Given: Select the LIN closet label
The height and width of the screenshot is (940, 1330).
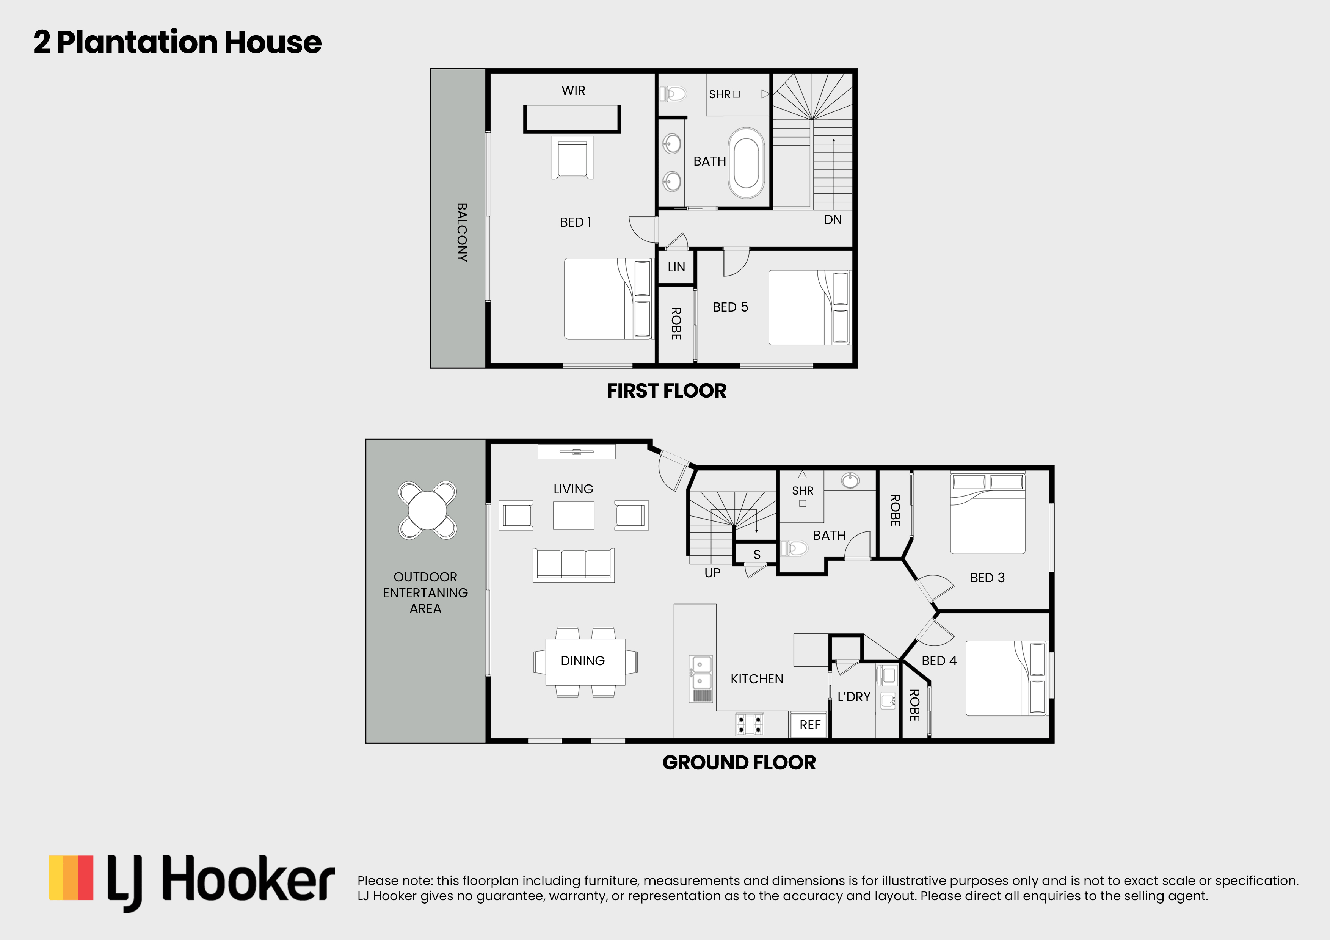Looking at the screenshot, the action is [x=676, y=267].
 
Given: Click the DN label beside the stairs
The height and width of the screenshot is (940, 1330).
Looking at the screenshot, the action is [x=833, y=219].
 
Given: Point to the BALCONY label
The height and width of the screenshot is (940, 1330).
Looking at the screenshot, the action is [x=462, y=232].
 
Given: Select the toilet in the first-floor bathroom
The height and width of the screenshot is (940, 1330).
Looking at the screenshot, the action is [x=673, y=93].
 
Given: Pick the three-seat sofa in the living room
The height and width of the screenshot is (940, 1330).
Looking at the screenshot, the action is [x=574, y=565].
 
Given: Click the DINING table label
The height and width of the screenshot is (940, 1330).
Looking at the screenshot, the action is [x=582, y=661].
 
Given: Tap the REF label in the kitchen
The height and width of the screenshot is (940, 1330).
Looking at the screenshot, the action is [x=810, y=725].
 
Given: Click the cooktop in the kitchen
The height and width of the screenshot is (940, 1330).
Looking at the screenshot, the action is [x=750, y=724].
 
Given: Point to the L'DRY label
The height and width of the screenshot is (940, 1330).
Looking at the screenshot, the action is [x=854, y=697].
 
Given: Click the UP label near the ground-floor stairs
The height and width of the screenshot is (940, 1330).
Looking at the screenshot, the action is [x=712, y=573].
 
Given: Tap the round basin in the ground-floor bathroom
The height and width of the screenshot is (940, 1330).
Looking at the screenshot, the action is [x=850, y=481].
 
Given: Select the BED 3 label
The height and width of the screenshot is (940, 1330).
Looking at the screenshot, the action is [x=987, y=577].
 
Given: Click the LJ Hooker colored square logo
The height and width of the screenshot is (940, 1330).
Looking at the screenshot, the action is [x=71, y=877].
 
